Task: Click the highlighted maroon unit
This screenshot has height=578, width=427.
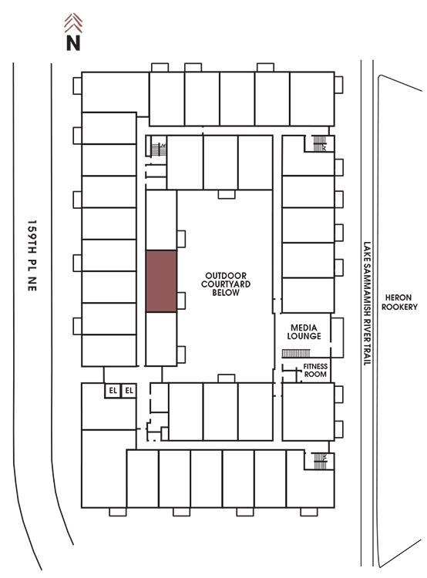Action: click(x=161, y=281)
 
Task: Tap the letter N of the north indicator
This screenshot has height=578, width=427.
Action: click(x=73, y=42)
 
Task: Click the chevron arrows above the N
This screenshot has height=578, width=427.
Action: click(x=73, y=23)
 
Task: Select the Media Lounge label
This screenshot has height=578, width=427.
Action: click(x=304, y=331)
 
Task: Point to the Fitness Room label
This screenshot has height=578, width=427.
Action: click(x=315, y=370)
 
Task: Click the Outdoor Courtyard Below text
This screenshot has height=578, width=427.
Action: click(x=226, y=284)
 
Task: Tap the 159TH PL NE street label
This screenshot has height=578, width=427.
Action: click(x=32, y=256)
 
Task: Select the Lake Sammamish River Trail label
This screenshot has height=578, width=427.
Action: click(x=367, y=304)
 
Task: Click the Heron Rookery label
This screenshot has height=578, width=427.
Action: click(x=399, y=302)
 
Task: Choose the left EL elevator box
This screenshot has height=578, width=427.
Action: click(x=113, y=391)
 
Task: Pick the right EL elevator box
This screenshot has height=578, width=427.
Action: click(x=129, y=391)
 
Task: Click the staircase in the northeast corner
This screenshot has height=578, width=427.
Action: click(x=320, y=143)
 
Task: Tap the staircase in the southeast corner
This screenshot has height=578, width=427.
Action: click(x=320, y=461)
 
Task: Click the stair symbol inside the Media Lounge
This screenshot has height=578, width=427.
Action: click(x=296, y=354)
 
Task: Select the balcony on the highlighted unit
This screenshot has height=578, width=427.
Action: click(x=181, y=301)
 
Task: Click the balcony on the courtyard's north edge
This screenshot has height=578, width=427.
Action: click(x=227, y=194)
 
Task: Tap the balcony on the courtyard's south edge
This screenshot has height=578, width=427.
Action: click(x=227, y=378)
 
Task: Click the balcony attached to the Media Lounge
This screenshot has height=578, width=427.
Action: click(x=337, y=338)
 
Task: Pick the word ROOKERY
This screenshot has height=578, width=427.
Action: click(x=399, y=307)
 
